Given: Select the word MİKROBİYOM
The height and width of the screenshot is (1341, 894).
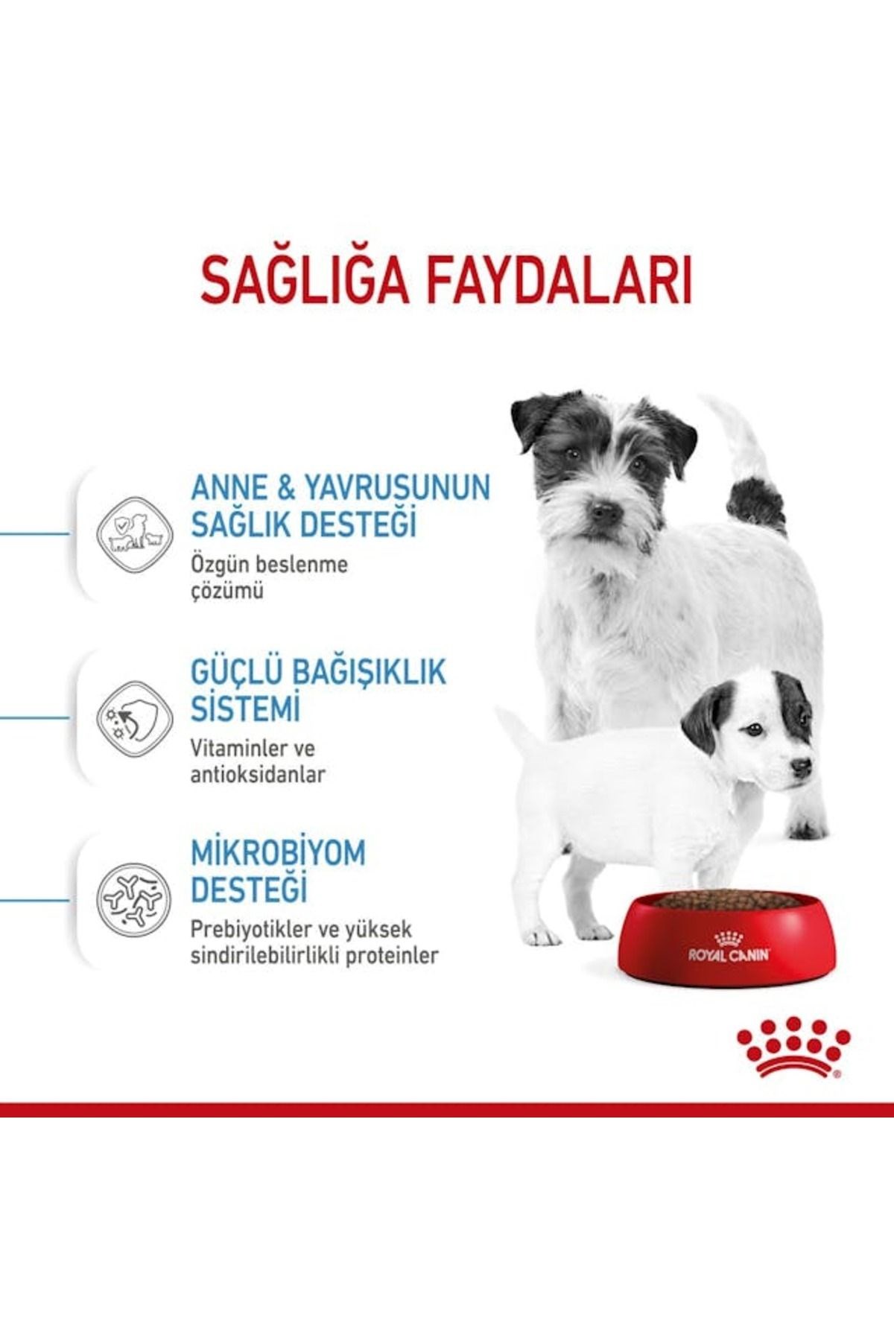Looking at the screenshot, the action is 278,854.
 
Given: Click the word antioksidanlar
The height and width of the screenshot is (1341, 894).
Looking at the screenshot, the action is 258,775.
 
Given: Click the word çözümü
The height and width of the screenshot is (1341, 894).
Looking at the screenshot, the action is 227,592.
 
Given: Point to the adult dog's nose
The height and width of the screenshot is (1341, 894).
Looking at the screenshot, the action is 604,512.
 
